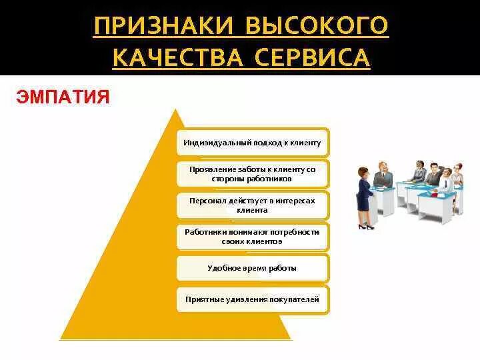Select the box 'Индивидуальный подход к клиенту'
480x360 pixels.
pos(253,143)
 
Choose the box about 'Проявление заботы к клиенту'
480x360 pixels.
pos(253,174)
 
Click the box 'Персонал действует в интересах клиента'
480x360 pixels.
pos(253,205)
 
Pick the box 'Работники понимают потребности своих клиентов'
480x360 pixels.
pos(253,237)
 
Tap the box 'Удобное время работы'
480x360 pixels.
pos(253,268)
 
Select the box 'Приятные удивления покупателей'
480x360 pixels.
pos(253,299)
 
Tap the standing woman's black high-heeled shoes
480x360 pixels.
pos(364,227)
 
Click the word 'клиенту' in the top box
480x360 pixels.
pos(308,143)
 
